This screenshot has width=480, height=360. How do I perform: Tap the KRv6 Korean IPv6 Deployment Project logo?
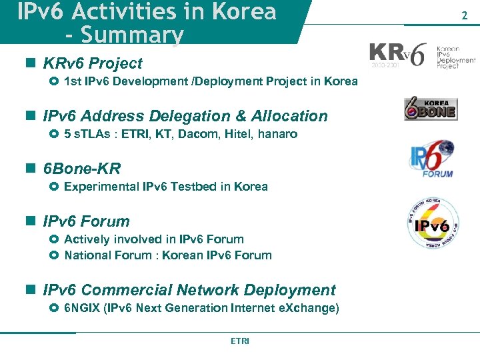tap(423, 55)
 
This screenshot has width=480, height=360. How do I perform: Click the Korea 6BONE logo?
tap(430, 109)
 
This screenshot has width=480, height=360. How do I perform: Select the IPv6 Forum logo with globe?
tap(431, 159)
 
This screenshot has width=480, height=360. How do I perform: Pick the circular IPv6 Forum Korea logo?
tap(433, 223)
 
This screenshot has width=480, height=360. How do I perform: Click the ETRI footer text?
tap(240, 341)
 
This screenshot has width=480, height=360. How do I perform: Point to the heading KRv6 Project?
tap(93, 63)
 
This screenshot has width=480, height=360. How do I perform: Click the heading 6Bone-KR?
tap(82, 169)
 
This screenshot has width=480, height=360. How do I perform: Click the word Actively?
tap(85, 239)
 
